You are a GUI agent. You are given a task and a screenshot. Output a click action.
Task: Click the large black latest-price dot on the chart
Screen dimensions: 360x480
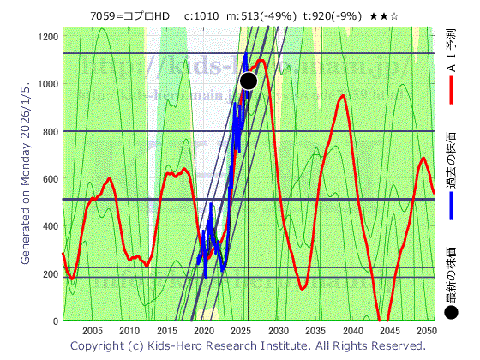coord(249,81)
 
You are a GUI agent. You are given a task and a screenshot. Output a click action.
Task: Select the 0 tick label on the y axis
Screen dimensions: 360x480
coord(55,322)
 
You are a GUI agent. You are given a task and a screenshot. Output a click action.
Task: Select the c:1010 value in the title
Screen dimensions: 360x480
coord(201,15)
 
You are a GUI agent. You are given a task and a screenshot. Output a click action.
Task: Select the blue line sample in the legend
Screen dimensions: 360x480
coord(452,205)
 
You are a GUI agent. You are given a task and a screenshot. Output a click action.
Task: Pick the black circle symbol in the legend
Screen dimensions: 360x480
coord(452,313)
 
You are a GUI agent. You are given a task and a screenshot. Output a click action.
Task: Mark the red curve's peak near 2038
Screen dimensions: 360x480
coord(342,96)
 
